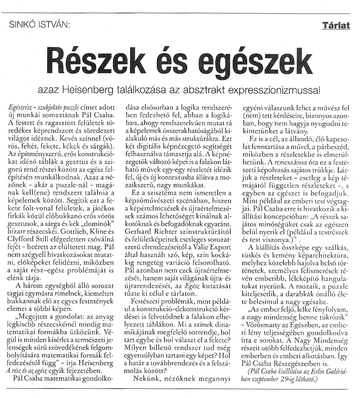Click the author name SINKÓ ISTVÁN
coord(41,26)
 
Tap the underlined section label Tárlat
coord(336,26)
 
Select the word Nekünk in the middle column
coord(145,379)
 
